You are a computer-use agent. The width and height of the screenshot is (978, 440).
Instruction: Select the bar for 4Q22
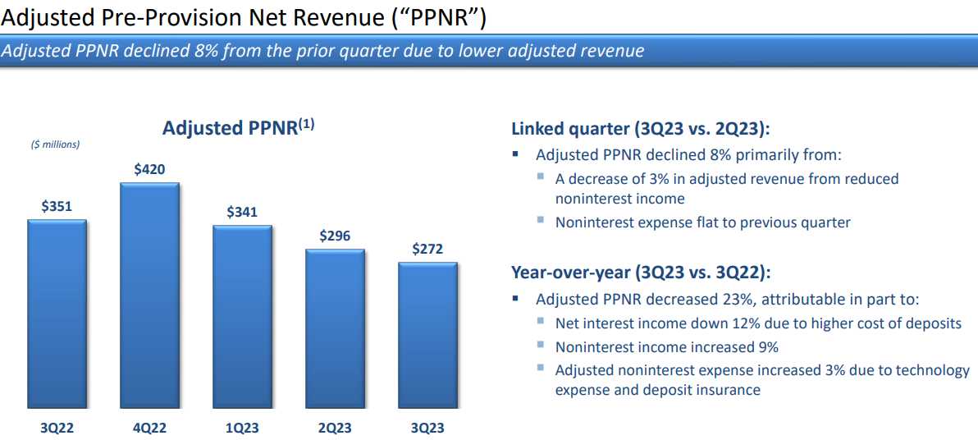click(x=149, y=296)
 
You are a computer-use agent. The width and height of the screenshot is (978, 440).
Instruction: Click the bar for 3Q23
click(x=428, y=336)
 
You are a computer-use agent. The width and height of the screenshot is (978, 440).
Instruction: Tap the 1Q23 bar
click(x=242, y=317)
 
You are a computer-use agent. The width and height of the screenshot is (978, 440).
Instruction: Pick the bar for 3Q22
click(x=56, y=314)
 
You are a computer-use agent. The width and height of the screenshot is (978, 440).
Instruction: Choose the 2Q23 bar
click(x=335, y=329)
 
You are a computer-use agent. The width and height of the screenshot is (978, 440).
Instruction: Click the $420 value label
click(x=149, y=168)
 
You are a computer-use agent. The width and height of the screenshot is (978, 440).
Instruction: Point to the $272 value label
click(x=428, y=249)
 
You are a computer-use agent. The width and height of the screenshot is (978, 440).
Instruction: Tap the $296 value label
click(x=335, y=236)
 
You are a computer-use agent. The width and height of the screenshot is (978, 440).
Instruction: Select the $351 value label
click(x=57, y=207)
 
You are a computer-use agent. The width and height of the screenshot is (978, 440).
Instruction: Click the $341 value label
click(x=242, y=212)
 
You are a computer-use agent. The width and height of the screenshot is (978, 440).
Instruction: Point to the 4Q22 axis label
click(x=149, y=429)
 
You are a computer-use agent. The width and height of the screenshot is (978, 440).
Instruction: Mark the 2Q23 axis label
click(x=335, y=429)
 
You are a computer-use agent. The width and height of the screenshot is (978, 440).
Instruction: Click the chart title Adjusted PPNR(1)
click(x=239, y=127)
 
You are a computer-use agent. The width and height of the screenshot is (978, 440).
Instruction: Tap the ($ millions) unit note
click(x=56, y=144)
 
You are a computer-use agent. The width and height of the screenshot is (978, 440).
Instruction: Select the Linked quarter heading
click(x=641, y=130)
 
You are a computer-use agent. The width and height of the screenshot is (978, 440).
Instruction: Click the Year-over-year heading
click(x=641, y=273)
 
